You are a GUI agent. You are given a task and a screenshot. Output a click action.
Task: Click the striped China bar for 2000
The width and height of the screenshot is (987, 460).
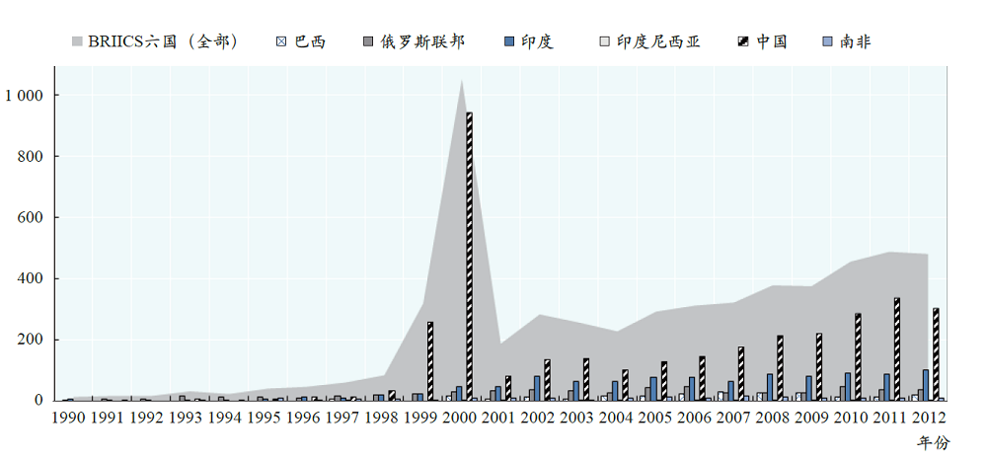(x=469, y=257)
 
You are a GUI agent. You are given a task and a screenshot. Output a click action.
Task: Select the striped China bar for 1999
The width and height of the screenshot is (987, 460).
(x=430, y=361)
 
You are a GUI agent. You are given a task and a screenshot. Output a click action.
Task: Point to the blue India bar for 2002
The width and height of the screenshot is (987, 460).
(x=537, y=388)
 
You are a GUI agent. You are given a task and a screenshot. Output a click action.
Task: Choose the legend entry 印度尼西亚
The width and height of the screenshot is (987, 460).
(x=648, y=41)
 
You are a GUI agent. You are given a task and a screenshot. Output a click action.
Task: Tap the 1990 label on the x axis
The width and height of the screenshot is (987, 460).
(x=67, y=418)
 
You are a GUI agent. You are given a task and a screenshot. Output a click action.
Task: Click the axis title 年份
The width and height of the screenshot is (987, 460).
(x=932, y=442)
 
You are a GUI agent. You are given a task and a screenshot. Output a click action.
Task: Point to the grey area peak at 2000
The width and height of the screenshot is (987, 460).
(x=462, y=83)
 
